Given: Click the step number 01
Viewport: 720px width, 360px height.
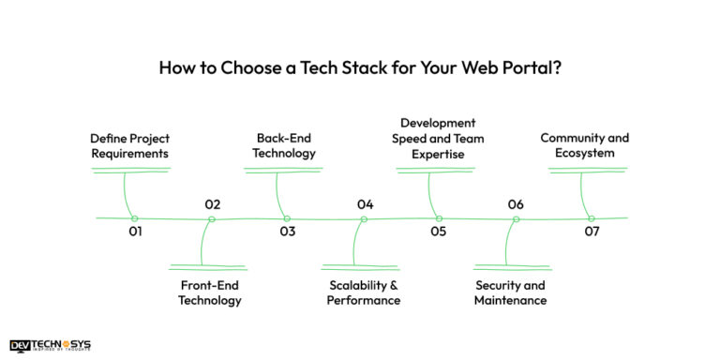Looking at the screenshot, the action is coord(135,232).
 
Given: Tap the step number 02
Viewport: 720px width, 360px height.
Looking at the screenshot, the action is coord(213,204).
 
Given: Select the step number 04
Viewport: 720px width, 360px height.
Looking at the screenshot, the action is coord(365,204).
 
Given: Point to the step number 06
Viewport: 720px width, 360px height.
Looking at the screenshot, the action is coord(516,204).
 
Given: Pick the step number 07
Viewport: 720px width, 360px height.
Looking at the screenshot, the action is coord(592,232).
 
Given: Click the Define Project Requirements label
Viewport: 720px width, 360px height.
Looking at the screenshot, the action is coord(130,145).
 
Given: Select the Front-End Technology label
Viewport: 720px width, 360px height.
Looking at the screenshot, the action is coord(210,292).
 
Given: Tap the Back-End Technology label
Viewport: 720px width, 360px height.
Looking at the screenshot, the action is coord(284,145).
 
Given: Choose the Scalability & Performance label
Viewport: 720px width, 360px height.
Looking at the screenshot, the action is coord(364,292).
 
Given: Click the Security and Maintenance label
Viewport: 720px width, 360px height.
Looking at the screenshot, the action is coord(510,292).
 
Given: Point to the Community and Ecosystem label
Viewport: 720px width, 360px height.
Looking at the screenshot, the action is coord(585,145).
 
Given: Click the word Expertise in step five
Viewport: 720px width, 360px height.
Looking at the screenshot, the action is coord(438,155).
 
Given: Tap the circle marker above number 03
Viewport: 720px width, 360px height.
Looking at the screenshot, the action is coord(287,218).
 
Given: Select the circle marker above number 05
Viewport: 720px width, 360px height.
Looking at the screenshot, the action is coord(439,218).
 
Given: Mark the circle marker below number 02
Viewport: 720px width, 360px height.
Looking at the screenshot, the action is coord(212,219).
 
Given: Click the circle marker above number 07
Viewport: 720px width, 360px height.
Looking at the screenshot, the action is coord(592,218).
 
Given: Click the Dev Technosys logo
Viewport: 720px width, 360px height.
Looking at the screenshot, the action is coord(51,345).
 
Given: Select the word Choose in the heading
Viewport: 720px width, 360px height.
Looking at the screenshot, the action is coord(256,67).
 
